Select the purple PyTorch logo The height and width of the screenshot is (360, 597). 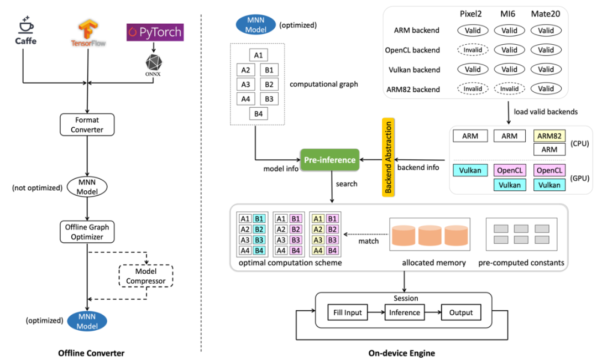154,32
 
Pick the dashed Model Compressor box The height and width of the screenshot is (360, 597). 146,276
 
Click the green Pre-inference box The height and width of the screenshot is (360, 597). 329,160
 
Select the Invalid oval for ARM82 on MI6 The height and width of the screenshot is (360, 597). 509,89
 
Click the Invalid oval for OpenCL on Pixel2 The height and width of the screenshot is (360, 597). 473,50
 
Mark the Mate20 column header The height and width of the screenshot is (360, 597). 546,13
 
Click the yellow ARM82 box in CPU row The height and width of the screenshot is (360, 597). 549,136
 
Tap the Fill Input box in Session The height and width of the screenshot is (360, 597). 348,312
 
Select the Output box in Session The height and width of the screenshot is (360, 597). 461,312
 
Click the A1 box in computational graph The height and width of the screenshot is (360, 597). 258,55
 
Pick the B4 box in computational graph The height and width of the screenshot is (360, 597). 258,114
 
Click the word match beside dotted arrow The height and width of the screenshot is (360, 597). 368,241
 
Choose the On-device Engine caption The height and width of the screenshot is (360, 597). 401,353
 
